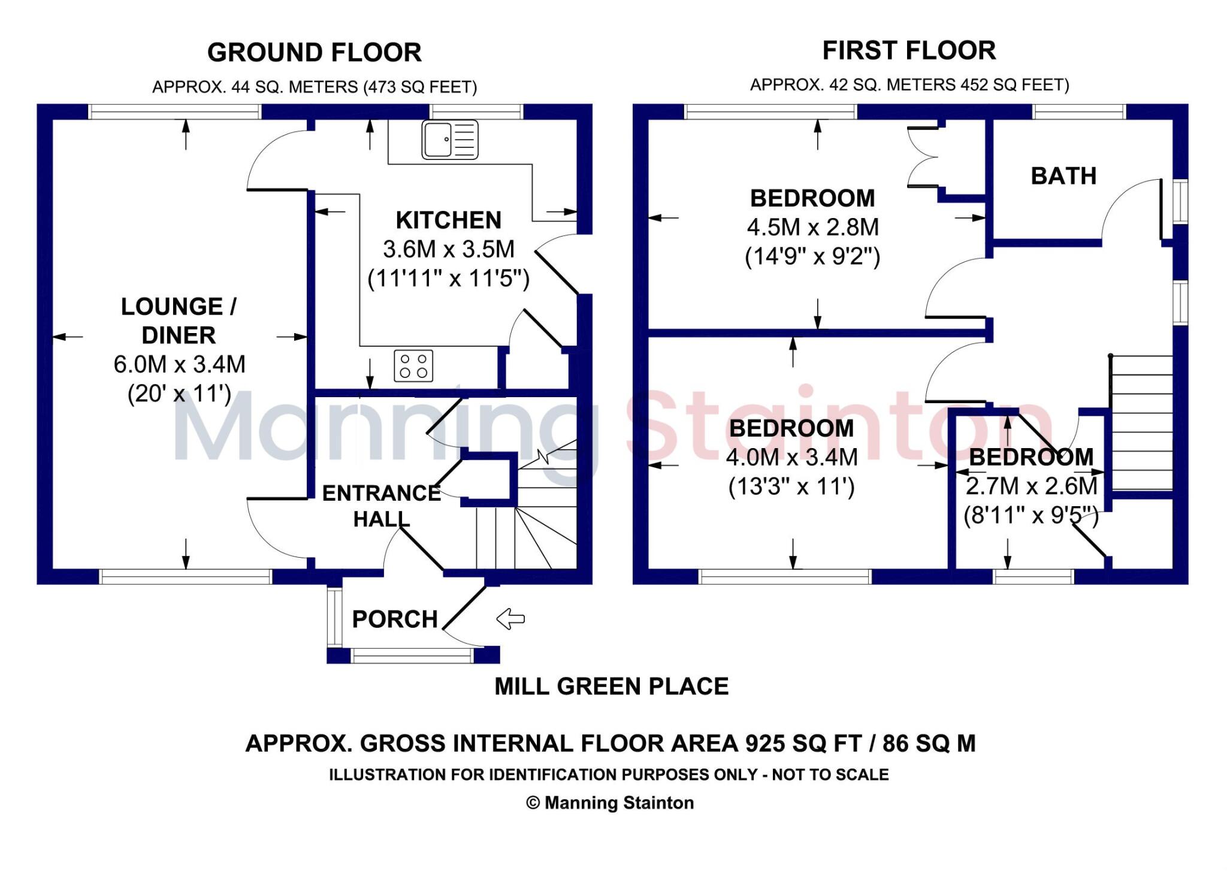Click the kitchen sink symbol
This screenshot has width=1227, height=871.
[449, 139]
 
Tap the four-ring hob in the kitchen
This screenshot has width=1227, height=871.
[413, 365]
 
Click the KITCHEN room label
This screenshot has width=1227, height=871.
[448, 220]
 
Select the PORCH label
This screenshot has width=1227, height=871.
[395, 619]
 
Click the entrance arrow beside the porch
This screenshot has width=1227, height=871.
[510, 619]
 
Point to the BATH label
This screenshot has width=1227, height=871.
[1063, 176]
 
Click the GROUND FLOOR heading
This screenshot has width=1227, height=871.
[314, 53]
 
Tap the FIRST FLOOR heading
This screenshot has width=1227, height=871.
[909, 50]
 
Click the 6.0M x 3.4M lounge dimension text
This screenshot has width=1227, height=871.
[179, 364]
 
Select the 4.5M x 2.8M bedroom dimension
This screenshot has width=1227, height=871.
[812, 228]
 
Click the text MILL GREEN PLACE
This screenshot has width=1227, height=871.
[611, 686]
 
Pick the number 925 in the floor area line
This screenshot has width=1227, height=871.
[765, 743]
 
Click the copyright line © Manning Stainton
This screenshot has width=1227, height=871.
[610, 803]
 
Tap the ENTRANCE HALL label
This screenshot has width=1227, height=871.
[382, 506]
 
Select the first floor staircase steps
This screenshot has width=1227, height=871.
[1142, 422]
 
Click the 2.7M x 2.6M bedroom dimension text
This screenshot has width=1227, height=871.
[1031, 486]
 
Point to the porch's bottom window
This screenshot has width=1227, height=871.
[412, 656]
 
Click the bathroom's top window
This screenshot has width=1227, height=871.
[1080, 112]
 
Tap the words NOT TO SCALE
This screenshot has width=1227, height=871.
[830, 775]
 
